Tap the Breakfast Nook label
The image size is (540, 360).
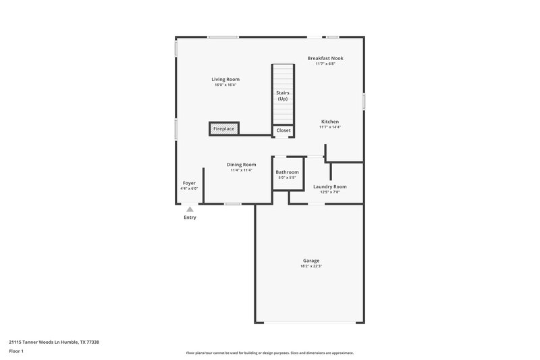pyautogui.click(x=325, y=58)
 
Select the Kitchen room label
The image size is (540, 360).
pyautogui.click(x=329, y=122)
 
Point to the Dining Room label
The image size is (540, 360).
pyautogui.click(x=241, y=164)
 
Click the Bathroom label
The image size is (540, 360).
pyautogui.click(x=287, y=172)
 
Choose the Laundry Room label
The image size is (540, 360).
pyautogui.click(x=330, y=186)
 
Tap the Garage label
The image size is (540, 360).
pyautogui.click(x=310, y=260)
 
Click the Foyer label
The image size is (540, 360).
pyautogui.click(x=189, y=183)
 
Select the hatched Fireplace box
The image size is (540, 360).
pyautogui.click(x=223, y=128)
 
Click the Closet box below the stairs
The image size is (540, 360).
pyautogui.click(x=283, y=130)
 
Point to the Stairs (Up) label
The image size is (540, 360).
pyautogui.click(x=283, y=95)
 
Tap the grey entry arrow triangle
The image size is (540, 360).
pyautogui.click(x=190, y=209)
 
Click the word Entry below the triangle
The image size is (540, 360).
pyautogui.click(x=190, y=217)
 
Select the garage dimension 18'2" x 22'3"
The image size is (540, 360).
pyautogui.click(x=310, y=266)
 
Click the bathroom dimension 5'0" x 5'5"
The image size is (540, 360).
pyautogui.click(x=287, y=178)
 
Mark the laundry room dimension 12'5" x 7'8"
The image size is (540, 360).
pyautogui.click(x=330, y=192)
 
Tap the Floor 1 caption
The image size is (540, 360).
pyautogui.click(x=16, y=352)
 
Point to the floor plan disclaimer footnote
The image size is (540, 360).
pyautogui.click(x=269, y=353)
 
